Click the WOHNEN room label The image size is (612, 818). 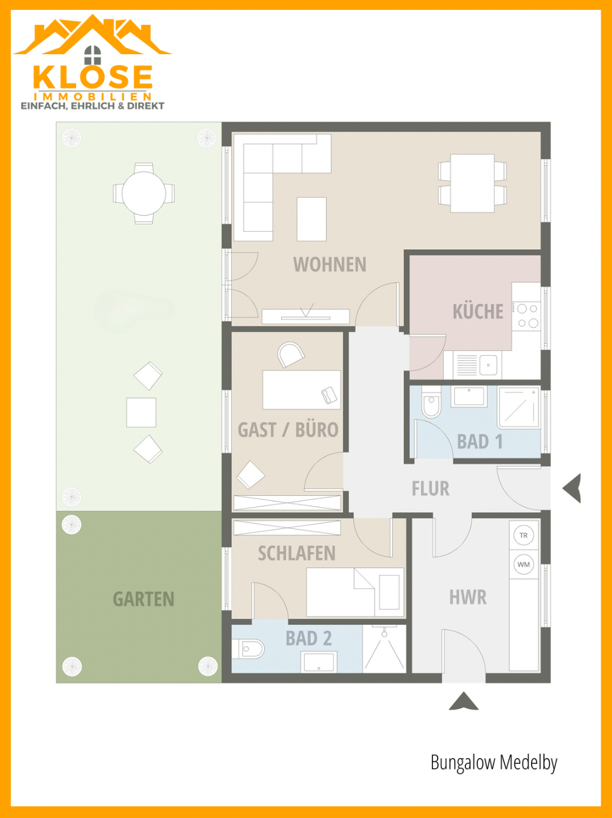click(x=330, y=265)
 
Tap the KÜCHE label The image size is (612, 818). click(x=478, y=311)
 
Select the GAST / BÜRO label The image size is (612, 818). click(x=288, y=430)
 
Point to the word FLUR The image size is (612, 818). click(x=431, y=488)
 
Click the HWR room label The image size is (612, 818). click(x=468, y=597)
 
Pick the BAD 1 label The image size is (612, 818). click(x=480, y=442)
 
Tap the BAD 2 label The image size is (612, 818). click(x=308, y=639)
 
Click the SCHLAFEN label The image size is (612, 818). click(x=297, y=553)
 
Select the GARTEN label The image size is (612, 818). click(x=143, y=599)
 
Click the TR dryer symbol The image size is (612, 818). click(x=524, y=536)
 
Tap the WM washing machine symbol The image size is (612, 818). click(x=524, y=564)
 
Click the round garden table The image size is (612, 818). click(x=144, y=193)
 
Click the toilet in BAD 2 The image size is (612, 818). click(x=248, y=649)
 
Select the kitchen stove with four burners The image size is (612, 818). click(x=526, y=316)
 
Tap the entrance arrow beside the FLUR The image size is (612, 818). click(x=572, y=488)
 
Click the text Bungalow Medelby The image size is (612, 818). click(x=494, y=763)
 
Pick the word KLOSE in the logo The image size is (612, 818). click(x=92, y=77)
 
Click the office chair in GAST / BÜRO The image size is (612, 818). click(x=290, y=354)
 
